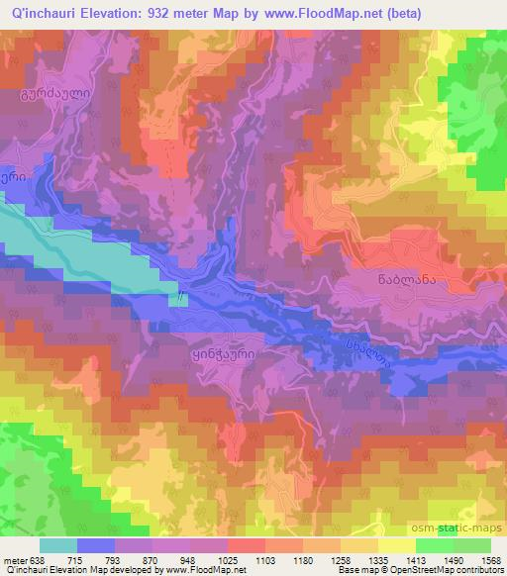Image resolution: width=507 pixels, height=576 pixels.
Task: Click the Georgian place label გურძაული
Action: [x=43, y=97]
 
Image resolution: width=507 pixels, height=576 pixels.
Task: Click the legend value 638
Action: [x=35, y=559]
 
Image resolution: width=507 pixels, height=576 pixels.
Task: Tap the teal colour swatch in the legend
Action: [x=57, y=544]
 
